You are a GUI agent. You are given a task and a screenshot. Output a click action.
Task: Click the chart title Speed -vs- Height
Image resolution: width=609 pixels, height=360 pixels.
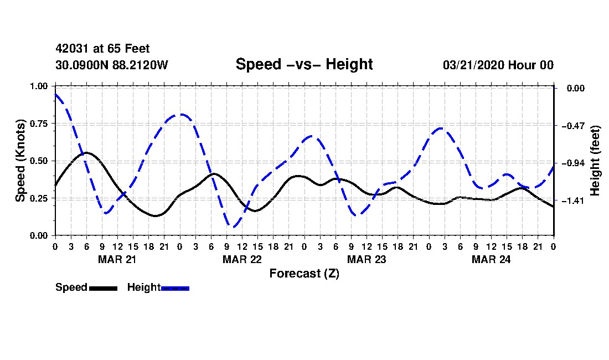[304, 64]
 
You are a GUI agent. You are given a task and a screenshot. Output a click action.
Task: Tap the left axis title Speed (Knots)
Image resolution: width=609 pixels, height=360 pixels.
[20, 160]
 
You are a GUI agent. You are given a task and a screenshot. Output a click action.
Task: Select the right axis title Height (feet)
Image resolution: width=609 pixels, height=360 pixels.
[596, 161]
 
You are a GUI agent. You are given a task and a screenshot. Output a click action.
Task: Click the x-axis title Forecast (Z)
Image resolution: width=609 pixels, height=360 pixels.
[304, 273]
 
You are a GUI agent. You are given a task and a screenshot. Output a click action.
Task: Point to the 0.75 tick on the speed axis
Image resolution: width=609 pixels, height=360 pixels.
[42, 124]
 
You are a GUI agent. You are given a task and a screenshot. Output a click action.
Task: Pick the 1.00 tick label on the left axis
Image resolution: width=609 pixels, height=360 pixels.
[42, 86]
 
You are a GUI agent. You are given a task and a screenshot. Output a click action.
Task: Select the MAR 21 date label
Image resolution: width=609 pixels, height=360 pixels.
[117, 259]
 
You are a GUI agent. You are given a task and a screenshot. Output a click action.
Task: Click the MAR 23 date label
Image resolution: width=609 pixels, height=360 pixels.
[367, 259]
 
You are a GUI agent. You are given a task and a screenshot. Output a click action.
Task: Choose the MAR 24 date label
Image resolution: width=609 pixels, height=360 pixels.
[491, 259]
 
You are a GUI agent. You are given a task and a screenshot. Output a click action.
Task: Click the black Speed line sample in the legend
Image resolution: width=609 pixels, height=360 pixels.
[103, 288]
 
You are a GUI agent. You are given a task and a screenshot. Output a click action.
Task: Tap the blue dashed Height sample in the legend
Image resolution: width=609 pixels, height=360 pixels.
[175, 288]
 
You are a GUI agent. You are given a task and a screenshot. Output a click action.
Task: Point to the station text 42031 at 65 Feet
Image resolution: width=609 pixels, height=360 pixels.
[102, 49]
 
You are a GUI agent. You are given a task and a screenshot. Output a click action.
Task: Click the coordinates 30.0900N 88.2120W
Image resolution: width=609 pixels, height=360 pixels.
[111, 65]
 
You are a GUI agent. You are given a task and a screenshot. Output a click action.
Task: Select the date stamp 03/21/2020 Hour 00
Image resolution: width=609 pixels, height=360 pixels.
[498, 65]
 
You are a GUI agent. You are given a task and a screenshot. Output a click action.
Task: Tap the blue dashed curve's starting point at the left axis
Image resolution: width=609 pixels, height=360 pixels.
[55, 94]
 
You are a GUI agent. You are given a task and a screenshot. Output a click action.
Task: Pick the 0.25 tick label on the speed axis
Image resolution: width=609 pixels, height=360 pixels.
[42, 198]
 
